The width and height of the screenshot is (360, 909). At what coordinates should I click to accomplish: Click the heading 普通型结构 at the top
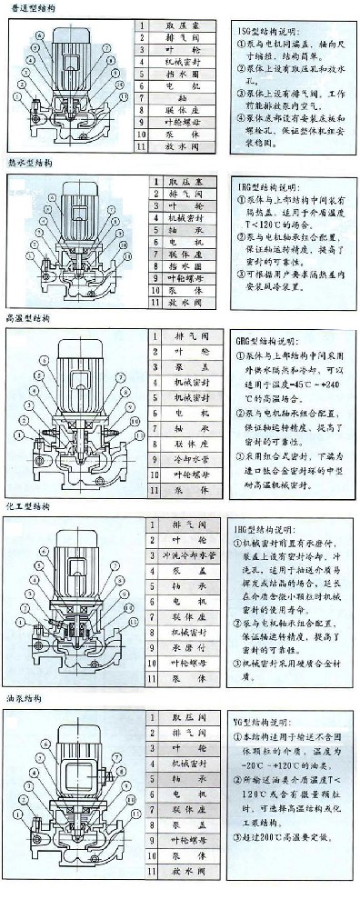coord(29,7)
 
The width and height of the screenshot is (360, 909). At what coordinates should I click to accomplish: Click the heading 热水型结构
coord(27,164)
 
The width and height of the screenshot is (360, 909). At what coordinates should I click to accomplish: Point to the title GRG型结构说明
coord(273,340)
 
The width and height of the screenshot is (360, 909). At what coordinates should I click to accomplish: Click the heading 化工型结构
coord(27,505)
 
